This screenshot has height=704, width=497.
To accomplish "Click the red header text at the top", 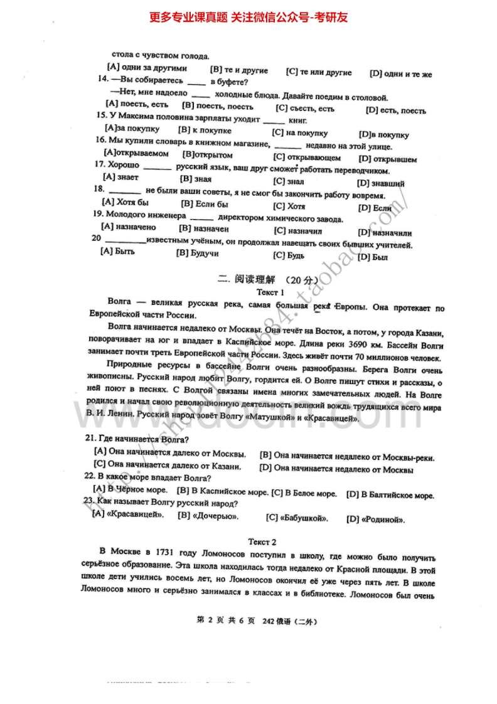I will [248, 17].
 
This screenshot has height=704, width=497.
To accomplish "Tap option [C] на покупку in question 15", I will [299, 133].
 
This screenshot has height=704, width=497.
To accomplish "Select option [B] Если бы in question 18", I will [204, 204].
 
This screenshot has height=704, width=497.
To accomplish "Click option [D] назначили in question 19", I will [385, 232].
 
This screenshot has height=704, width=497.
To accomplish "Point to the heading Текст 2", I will [262, 541].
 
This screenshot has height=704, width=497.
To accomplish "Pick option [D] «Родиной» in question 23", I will [375, 519].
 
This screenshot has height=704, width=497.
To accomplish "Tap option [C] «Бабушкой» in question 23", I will [298, 518].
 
